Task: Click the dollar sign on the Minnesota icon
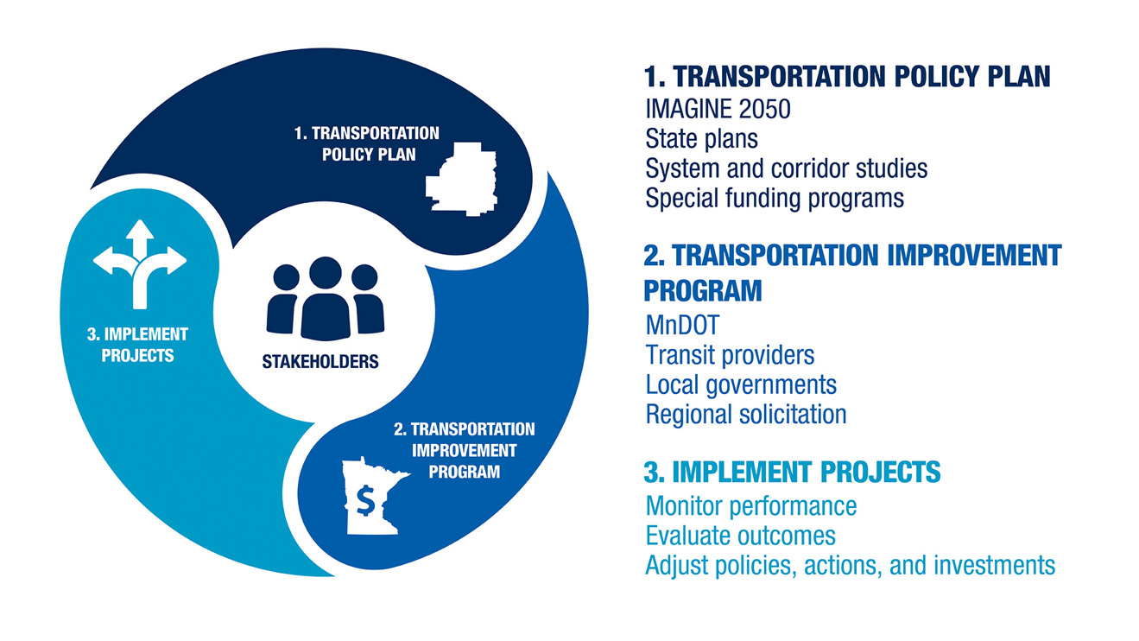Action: coord(365,501)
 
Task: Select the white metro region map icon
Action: coord(461,179)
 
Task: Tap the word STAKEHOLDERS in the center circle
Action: coord(320,362)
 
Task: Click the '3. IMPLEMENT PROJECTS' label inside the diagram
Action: coord(138,345)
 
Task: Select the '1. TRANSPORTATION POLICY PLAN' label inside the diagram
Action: coord(367,143)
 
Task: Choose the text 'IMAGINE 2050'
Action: coord(718,109)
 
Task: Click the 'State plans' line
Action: coord(702,139)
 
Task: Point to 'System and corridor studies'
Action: coord(786,168)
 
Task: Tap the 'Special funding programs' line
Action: coord(775,199)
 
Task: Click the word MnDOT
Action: coord(682,325)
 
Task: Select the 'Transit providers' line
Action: coord(730,355)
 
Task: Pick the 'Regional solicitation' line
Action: coord(746,415)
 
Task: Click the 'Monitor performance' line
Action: coord(751,506)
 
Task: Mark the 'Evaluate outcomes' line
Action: coord(740,536)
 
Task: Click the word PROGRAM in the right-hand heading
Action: coord(703,290)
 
